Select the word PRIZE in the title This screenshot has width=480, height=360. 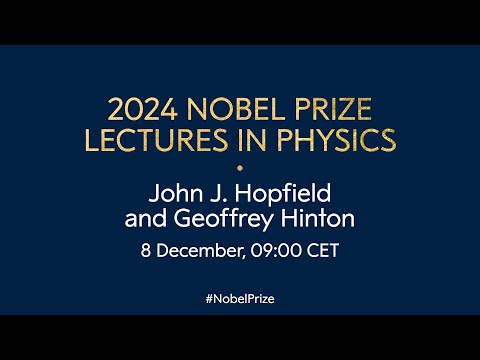coord(339,107)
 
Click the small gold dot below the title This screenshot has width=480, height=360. coord(240,165)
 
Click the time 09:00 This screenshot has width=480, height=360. coord(273,249)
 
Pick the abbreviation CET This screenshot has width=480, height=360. coord(321,249)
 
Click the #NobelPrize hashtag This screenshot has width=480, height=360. coord(240,299)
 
